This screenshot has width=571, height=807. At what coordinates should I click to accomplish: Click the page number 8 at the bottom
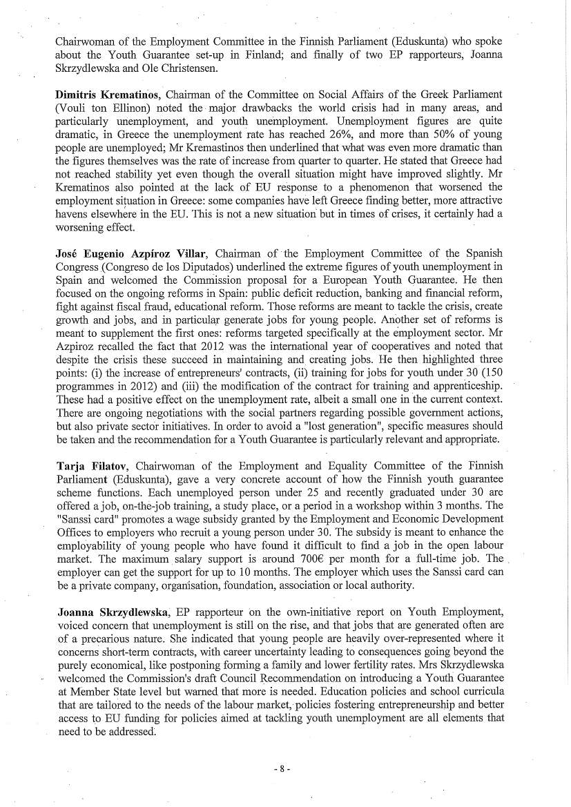[x=283, y=768]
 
